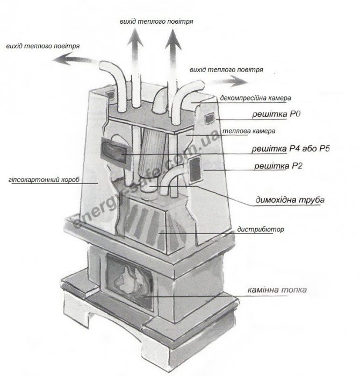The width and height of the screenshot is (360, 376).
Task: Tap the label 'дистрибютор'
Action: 260,230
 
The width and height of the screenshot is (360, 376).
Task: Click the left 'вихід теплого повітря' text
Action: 42,46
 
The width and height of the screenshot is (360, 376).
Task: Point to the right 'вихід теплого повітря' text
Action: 227,70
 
